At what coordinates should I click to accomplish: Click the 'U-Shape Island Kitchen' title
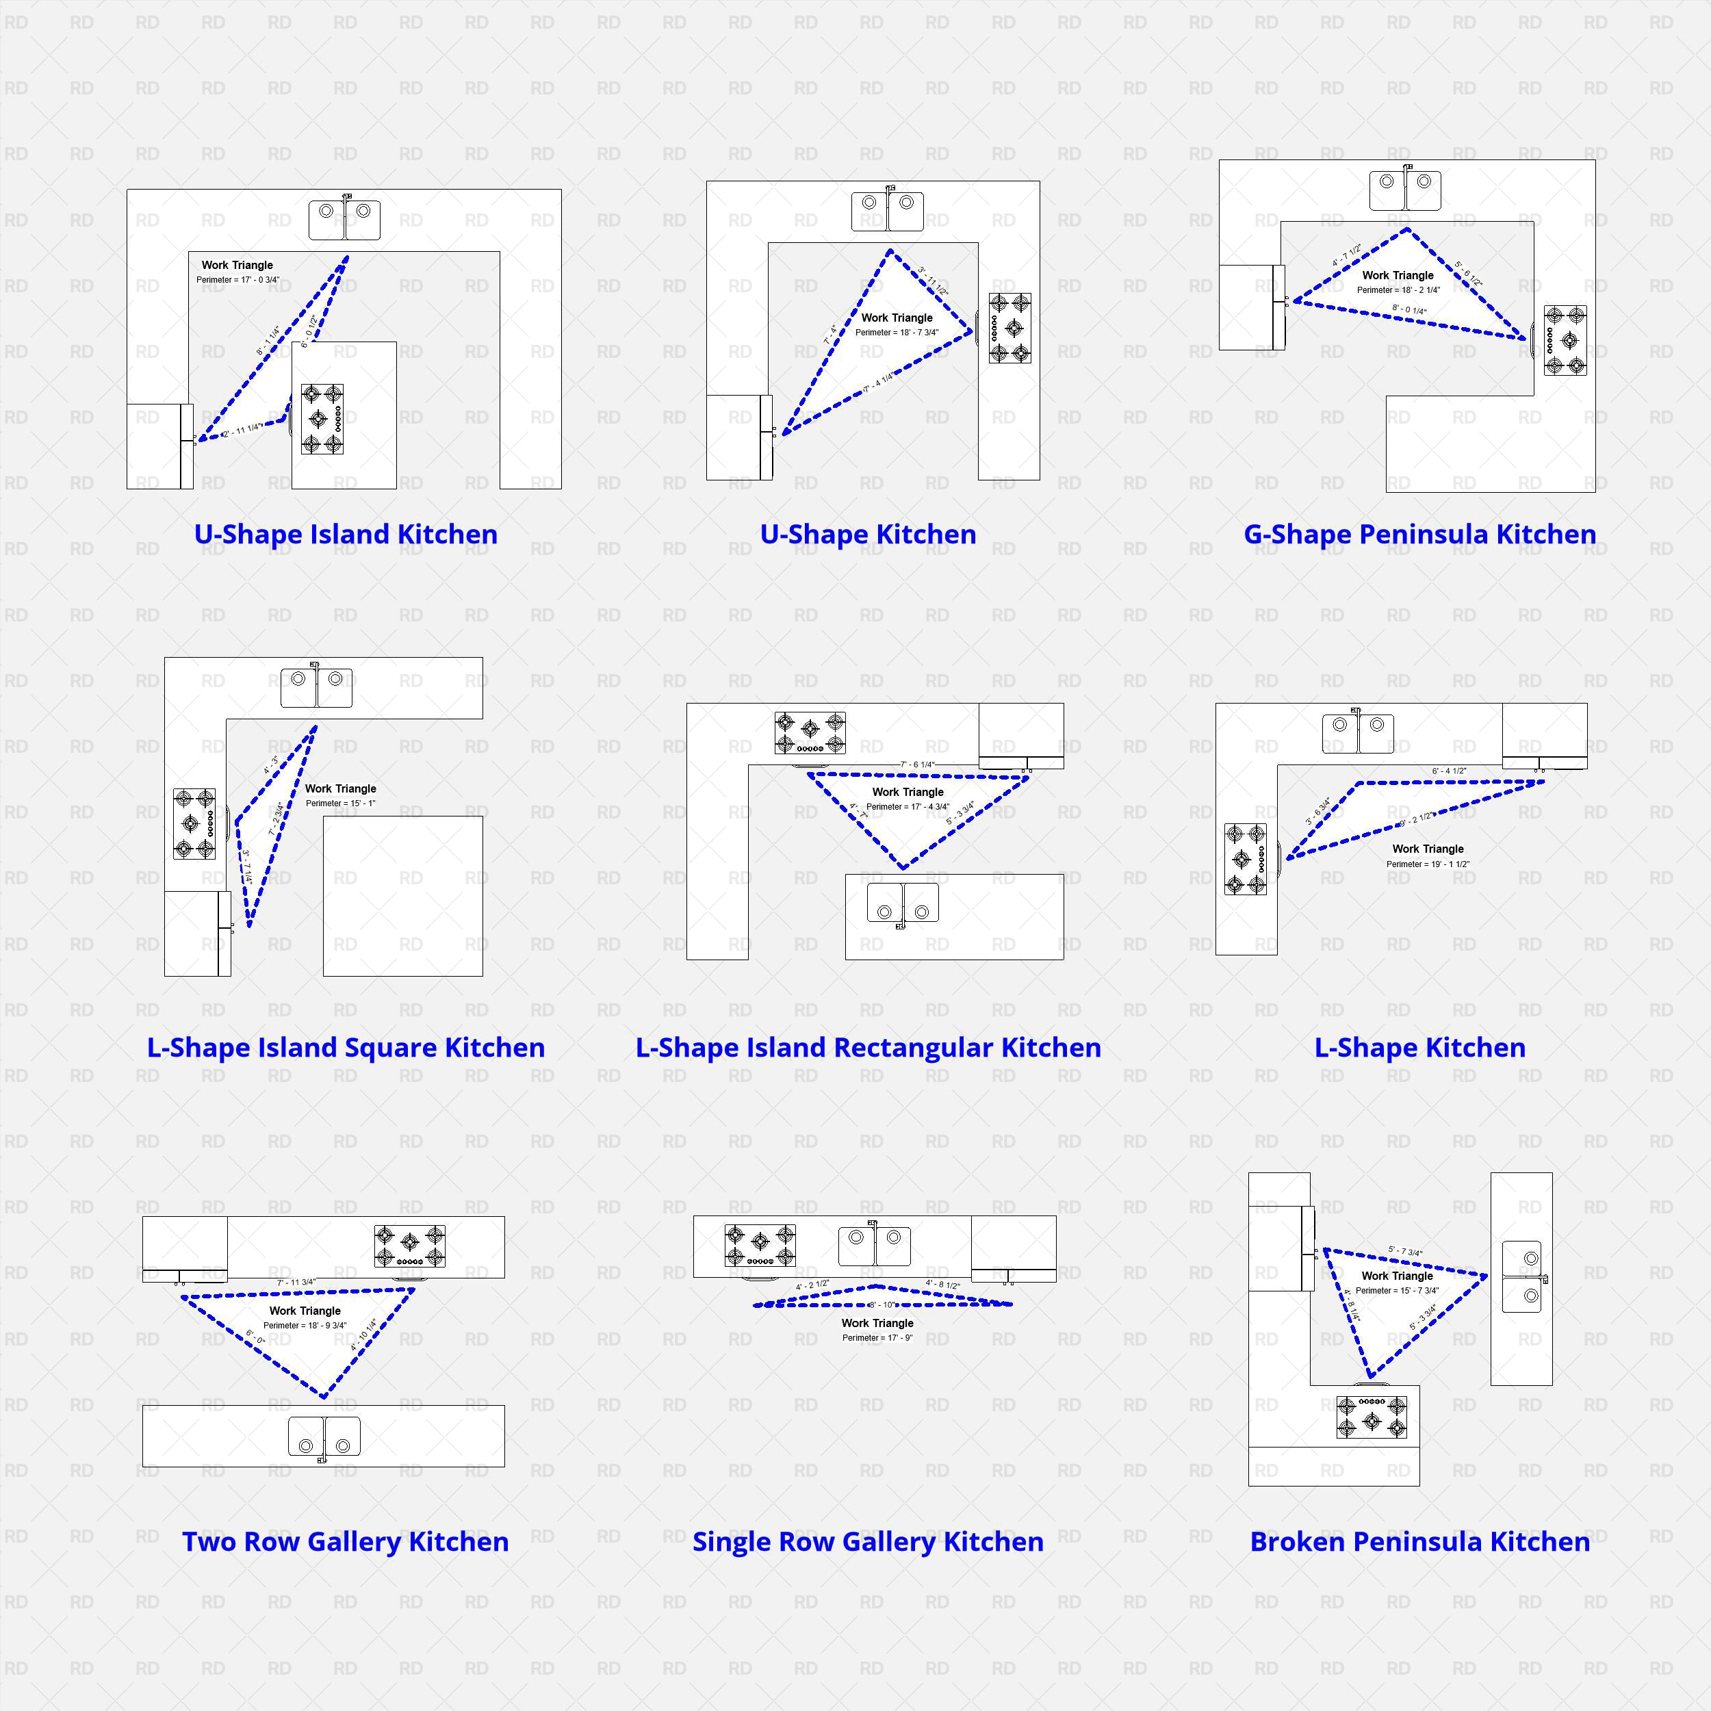(x=346, y=534)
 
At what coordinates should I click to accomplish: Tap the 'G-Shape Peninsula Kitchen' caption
(x=1419, y=534)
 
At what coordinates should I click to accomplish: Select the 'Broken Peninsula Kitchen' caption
(x=1419, y=1541)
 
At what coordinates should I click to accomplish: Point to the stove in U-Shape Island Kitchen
(x=322, y=419)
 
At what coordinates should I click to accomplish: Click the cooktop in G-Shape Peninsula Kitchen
(x=1565, y=340)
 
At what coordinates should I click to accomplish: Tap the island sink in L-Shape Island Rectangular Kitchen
(x=903, y=901)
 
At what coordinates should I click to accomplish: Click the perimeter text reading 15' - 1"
(x=340, y=803)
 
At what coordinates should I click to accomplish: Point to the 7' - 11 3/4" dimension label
(x=296, y=1281)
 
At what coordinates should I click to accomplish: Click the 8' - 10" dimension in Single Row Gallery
(x=882, y=1304)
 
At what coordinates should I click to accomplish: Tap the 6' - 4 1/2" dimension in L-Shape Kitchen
(x=1449, y=771)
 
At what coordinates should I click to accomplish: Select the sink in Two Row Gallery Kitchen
(x=324, y=1436)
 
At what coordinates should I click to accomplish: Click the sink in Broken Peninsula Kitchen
(x=1521, y=1278)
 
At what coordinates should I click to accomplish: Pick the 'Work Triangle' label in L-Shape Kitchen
(x=1428, y=849)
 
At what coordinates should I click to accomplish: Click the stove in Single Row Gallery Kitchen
(x=760, y=1245)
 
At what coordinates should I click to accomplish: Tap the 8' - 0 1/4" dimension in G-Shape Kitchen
(x=1409, y=310)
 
